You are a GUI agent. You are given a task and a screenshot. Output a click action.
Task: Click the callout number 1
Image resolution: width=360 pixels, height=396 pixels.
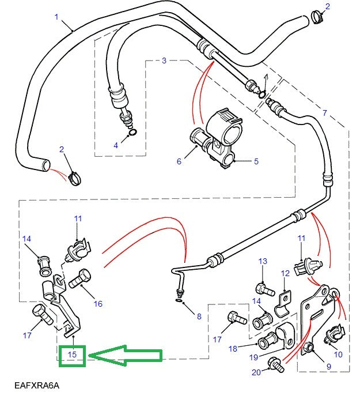tap(57, 17)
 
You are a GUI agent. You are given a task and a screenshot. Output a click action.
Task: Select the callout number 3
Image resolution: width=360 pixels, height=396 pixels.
tap(164, 61)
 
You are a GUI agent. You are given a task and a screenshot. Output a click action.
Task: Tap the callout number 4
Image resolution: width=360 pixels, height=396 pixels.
tap(116, 146)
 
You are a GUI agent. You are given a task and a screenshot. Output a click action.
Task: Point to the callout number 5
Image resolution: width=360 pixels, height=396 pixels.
tap(256, 161)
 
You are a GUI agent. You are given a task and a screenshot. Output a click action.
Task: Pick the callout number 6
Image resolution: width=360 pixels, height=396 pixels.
tap(179, 161)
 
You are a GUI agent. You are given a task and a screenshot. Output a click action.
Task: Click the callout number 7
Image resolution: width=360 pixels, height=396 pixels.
tap(325, 112)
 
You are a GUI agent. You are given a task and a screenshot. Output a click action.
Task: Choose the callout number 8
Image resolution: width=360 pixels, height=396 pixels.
tap(199, 316)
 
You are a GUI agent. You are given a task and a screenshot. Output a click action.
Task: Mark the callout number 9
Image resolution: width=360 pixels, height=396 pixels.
tap(329, 365)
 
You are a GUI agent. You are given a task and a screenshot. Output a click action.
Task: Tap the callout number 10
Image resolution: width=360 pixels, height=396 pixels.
tap(338, 354)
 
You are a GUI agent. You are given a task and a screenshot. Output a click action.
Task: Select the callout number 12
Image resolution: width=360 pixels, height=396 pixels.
tap(285, 273)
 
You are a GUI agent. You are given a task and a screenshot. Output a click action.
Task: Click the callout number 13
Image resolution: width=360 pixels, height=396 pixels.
tap(263, 262)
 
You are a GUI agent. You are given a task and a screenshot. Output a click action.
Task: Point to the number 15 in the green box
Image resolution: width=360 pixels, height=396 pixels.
tap(72, 354)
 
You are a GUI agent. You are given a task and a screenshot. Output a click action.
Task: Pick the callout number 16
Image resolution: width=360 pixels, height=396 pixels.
tap(98, 304)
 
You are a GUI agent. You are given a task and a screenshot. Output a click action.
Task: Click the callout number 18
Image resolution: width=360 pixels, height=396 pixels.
tap(233, 349)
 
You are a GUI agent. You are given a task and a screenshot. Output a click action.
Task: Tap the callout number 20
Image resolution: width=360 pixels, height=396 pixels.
tap(256, 372)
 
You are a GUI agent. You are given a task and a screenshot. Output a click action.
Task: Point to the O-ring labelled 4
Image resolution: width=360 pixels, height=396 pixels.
tap(133, 133)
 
